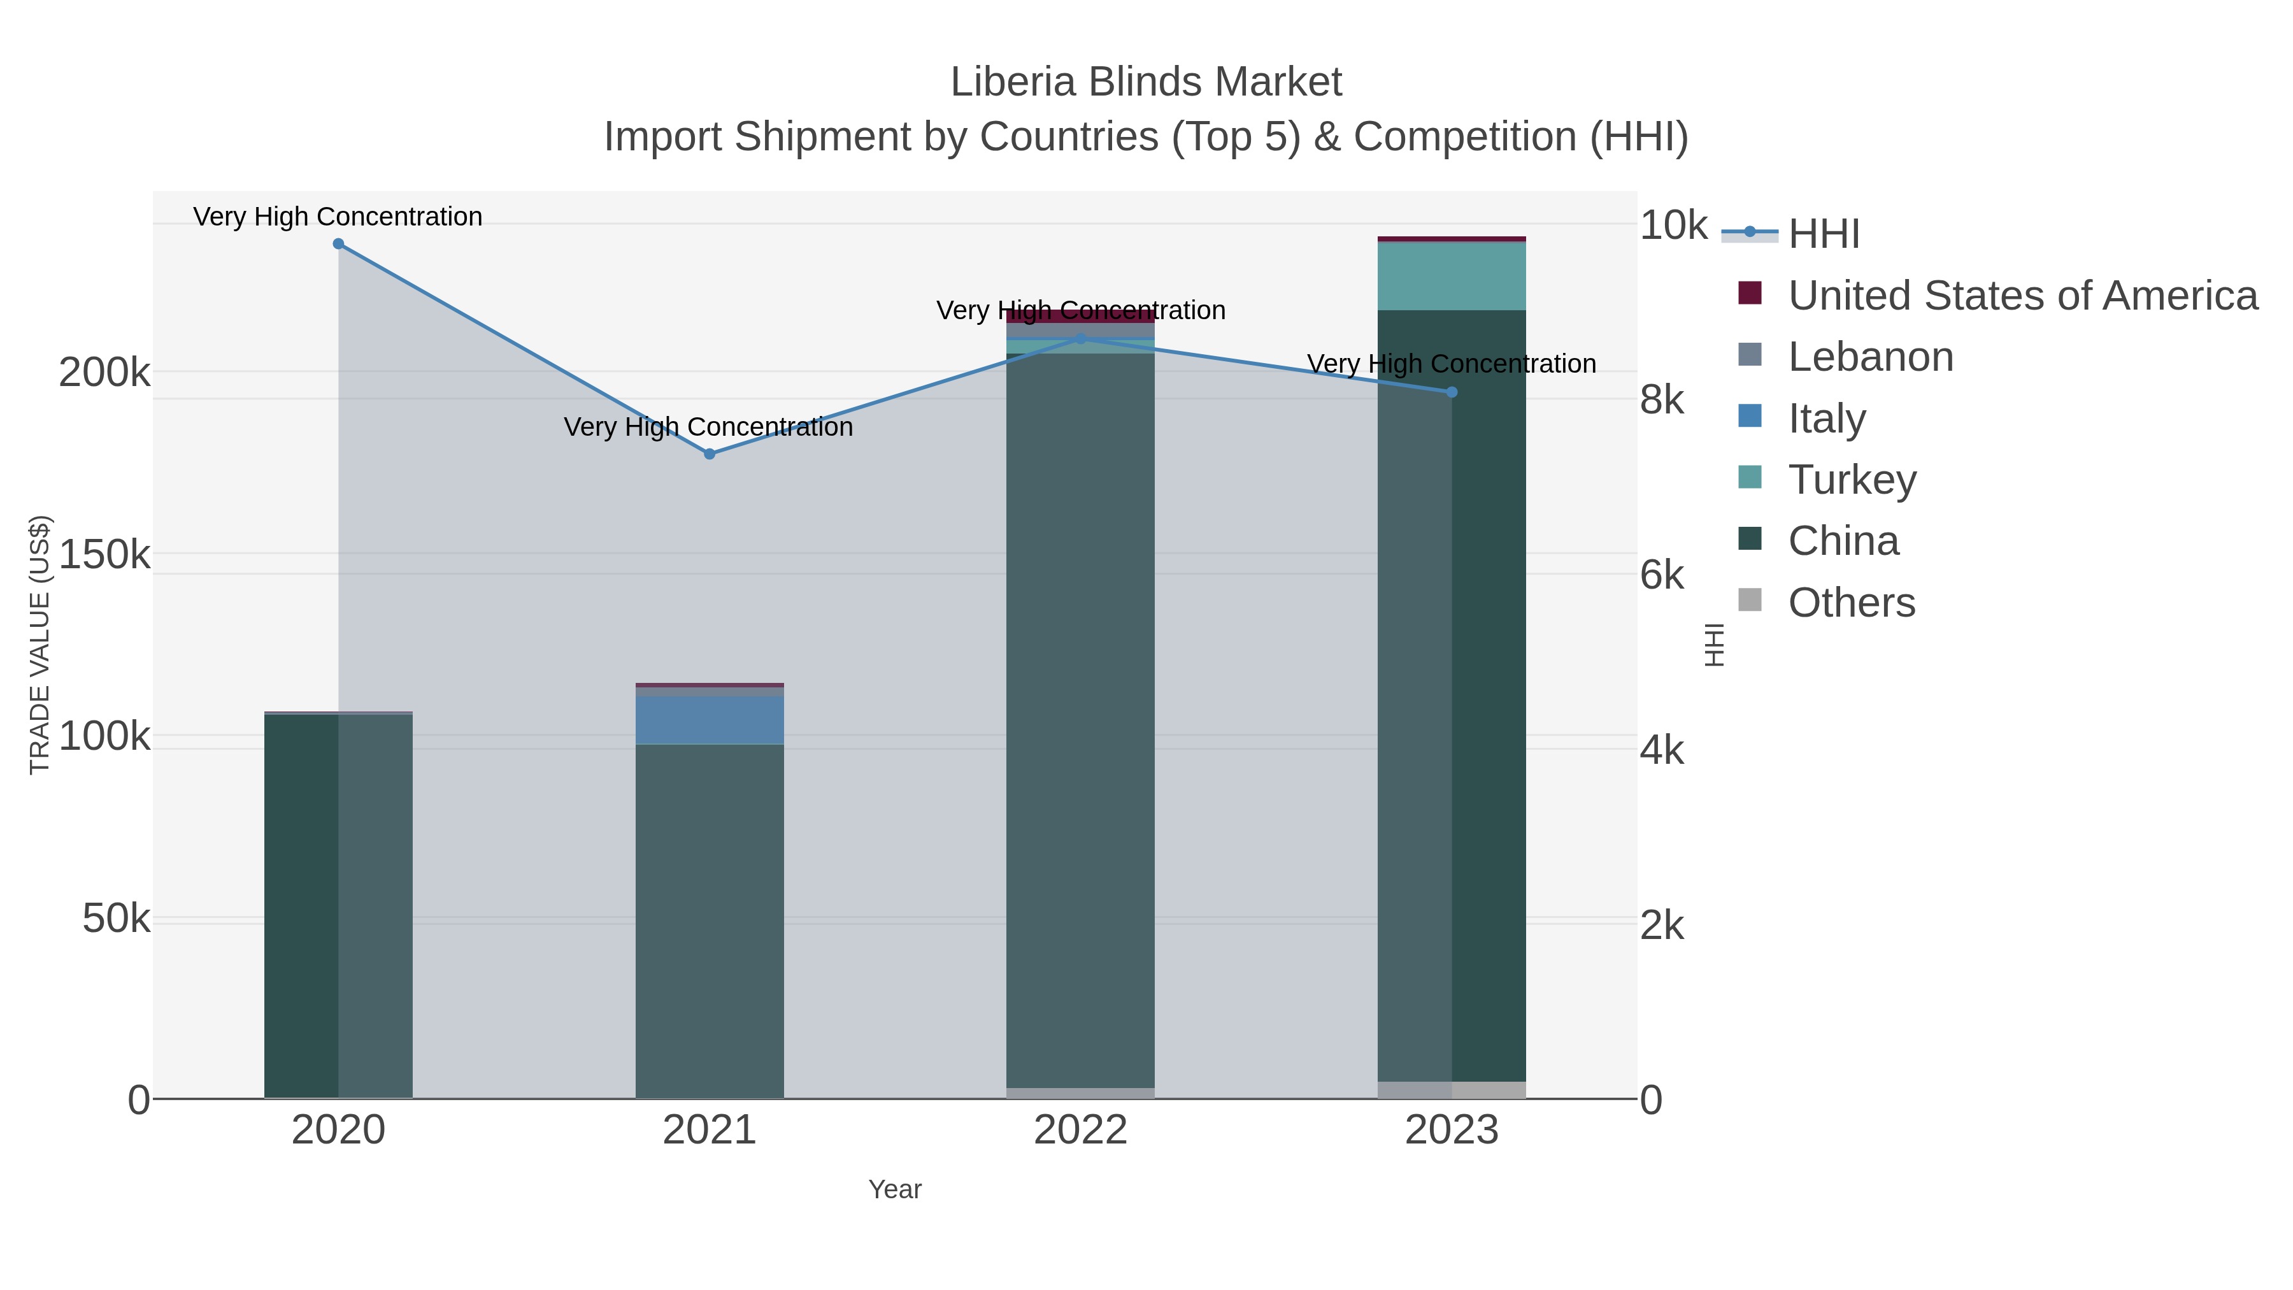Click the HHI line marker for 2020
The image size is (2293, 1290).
(x=338, y=244)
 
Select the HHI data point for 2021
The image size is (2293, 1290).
(x=710, y=454)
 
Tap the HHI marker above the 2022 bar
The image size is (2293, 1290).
(x=1081, y=339)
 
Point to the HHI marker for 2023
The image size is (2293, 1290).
(x=1452, y=392)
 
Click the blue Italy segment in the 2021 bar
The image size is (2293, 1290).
(x=710, y=719)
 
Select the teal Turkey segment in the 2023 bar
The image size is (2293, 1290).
(x=1452, y=276)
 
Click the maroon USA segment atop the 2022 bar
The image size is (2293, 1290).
(x=1081, y=316)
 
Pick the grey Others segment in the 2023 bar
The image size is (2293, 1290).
(x=1452, y=1090)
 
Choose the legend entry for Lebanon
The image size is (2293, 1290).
(x=1870, y=357)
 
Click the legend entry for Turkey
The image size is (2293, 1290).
(x=1852, y=480)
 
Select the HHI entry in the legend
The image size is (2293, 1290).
(x=1823, y=234)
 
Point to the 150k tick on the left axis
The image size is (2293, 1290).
(x=105, y=555)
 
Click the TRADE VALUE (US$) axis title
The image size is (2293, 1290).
(x=40, y=645)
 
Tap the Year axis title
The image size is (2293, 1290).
(x=895, y=1189)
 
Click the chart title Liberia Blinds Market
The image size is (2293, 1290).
(x=1146, y=82)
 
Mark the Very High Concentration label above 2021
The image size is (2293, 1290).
(x=708, y=427)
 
